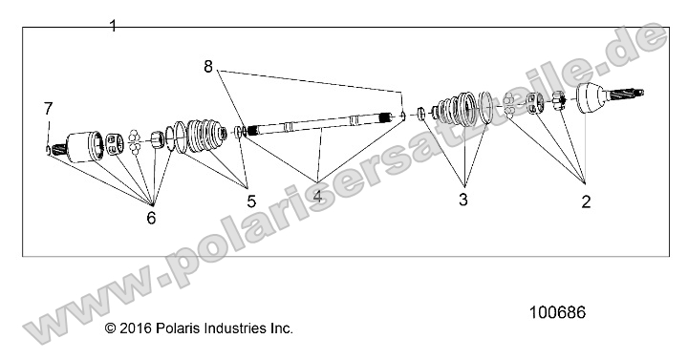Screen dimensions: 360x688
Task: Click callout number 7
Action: [48, 108]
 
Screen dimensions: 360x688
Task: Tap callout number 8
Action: [209, 66]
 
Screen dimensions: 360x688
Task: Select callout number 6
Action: [150, 218]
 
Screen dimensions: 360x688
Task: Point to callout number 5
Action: [251, 201]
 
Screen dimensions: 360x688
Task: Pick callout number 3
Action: [462, 200]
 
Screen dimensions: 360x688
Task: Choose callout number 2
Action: [586, 201]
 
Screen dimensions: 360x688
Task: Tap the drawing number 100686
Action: [556, 312]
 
